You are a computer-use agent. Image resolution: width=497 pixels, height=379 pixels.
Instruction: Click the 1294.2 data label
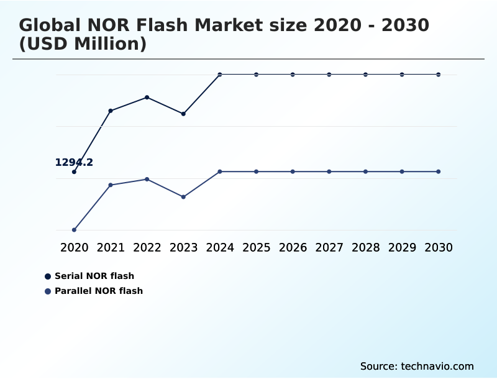(74, 163)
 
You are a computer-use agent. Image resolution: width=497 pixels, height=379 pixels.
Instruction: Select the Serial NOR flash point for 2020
(74, 172)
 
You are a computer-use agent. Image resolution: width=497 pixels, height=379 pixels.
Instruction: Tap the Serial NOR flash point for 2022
(147, 98)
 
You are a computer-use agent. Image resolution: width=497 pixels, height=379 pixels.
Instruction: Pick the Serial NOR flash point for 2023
(183, 114)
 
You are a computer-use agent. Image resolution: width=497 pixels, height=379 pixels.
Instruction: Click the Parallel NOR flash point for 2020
(74, 230)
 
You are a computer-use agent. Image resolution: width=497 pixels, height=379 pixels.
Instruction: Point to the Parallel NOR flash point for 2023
(183, 197)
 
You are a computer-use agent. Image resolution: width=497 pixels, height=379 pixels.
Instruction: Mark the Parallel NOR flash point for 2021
(111, 185)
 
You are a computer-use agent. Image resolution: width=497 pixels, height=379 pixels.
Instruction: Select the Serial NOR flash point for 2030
(439, 75)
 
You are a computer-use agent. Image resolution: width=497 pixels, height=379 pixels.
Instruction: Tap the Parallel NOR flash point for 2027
(329, 171)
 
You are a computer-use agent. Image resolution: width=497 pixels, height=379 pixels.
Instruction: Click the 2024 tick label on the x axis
(220, 247)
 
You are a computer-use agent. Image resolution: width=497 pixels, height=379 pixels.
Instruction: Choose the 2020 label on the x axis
(74, 247)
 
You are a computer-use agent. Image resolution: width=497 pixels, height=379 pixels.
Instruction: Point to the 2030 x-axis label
(439, 247)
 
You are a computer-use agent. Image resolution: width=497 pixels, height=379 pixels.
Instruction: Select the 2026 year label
(293, 247)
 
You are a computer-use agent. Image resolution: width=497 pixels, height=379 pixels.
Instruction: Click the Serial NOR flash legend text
(94, 276)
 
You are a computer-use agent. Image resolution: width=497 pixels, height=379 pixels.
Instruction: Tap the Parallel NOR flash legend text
(99, 291)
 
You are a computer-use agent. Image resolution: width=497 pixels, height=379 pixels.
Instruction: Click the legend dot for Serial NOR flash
(48, 276)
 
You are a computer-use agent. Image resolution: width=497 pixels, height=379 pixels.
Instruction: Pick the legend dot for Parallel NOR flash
(48, 291)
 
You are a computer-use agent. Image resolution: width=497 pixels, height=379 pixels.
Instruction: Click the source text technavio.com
(417, 366)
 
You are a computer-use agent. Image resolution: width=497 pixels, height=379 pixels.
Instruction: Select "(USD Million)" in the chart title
(83, 45)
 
